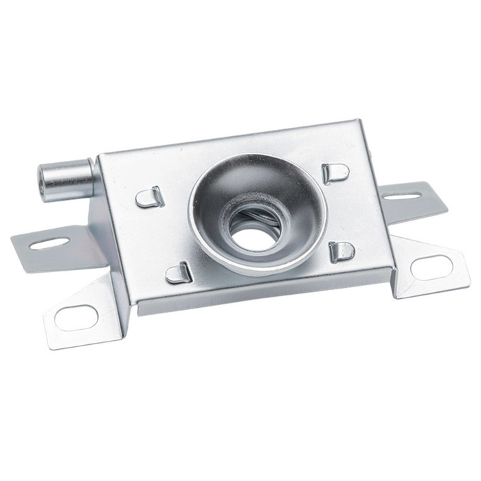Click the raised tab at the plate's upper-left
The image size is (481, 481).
click(x=149, y=198)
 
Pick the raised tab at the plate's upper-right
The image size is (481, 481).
click(x=335, y=172)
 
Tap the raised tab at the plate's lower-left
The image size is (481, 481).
click(x=179, y=273)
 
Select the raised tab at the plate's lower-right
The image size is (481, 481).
click(x=342, y=251)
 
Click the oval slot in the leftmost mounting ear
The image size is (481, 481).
click(x=49, y=243)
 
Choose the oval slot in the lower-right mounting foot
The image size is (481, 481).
click(x=432, y=267)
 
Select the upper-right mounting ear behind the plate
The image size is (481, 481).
click(x=412, y=199)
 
